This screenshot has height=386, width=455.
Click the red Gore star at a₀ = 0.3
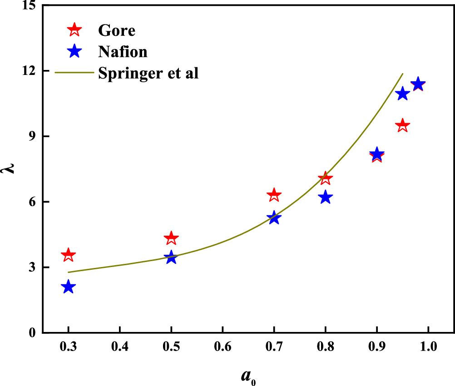(68, 255)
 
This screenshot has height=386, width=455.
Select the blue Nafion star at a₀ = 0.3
(68, 287)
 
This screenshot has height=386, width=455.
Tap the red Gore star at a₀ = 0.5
(171, 238)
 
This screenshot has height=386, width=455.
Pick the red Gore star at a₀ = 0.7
(274, 195)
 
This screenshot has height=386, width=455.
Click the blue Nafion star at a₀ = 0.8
(325, 198)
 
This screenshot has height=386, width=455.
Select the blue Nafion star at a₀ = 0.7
(274, 218)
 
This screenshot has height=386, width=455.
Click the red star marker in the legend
(74, 30)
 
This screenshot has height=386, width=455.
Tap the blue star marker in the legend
(74, 51)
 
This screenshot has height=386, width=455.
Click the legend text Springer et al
(148, 73)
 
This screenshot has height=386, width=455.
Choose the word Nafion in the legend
(122, 51)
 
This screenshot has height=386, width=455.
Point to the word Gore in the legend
(116, 30)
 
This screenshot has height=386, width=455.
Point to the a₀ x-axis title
(248, 375)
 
